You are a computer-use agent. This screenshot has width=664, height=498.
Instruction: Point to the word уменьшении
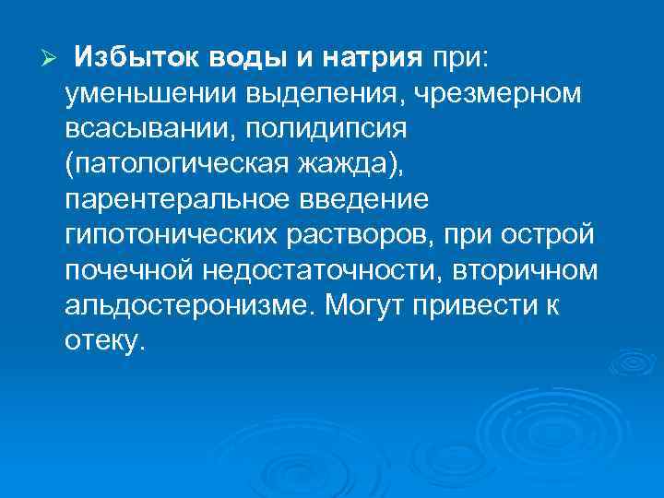[143, 92]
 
